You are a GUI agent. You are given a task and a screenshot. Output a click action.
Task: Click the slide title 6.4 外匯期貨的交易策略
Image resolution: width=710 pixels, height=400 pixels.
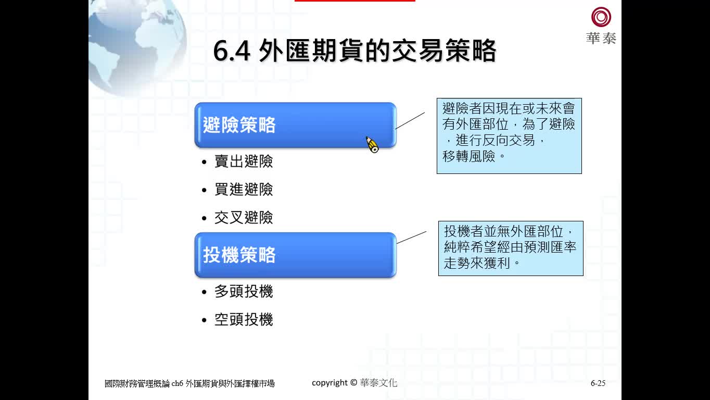click(354, 51)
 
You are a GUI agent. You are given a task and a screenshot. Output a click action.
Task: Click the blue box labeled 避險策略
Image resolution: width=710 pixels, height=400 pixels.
click(296, 125)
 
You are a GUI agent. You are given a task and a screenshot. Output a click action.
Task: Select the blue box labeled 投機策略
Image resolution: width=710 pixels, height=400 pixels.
click(296, 255)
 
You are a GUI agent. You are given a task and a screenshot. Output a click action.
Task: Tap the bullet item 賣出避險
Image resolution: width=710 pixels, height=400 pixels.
click(244, 161)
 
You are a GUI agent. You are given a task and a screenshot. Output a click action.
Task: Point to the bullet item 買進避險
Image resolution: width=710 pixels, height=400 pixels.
click(244, 190)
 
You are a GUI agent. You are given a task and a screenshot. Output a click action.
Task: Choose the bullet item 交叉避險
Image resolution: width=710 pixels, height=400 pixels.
click(244, 218)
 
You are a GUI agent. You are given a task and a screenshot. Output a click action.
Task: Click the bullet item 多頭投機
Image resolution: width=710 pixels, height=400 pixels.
click(244, 291)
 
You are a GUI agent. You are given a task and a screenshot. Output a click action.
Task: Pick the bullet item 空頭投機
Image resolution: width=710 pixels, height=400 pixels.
click(244, 319)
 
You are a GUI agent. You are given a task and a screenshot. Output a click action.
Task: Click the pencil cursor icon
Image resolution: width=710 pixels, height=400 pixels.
click(372, 145)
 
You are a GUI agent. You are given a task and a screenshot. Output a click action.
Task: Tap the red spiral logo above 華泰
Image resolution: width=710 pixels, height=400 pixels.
click(601, 17)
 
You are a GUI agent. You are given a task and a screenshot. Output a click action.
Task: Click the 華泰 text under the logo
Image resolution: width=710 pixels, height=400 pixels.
click(601, 39)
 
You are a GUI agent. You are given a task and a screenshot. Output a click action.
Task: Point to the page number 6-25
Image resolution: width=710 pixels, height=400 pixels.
click(598, 383)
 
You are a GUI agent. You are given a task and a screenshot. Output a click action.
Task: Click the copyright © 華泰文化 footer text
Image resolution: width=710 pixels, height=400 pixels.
click(354, 383)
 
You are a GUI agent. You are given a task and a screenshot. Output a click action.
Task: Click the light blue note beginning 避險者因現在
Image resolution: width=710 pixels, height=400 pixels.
click(509, 136)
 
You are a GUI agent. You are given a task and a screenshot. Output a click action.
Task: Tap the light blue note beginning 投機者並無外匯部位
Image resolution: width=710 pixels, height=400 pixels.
click(511, 248)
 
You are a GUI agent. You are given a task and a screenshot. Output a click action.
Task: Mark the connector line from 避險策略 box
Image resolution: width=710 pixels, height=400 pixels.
click(410, 121)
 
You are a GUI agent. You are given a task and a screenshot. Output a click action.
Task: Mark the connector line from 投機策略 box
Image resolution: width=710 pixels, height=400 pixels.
click(411, 238)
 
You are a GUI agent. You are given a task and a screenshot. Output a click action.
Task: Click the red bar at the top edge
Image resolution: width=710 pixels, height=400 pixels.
click(354, 1)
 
